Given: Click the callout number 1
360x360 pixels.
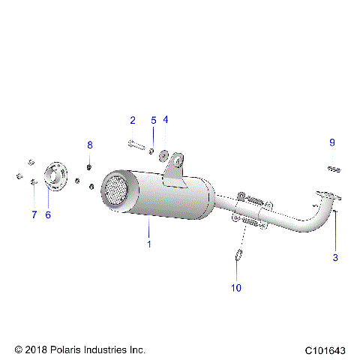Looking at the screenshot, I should (148, 244).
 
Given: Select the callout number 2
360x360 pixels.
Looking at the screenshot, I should (133, 120).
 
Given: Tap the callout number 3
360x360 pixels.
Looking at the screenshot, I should (335, 257).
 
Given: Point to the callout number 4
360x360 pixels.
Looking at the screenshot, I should (165, 119).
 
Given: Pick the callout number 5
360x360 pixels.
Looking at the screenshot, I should (153, 120).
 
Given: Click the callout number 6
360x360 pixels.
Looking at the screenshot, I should (48, 214).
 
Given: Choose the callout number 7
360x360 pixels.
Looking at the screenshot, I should (34, 214).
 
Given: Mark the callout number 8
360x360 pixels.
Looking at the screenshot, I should (90, 145).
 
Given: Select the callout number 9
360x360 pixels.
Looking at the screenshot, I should (331, 142).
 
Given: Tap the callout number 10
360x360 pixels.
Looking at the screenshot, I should (236, 287).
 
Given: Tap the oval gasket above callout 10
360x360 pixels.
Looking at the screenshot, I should (237, 255).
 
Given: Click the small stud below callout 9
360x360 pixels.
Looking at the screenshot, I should (334, 169).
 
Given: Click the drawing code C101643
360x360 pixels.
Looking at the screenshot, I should (326, 350).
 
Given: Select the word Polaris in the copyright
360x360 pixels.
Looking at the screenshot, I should (64, 349).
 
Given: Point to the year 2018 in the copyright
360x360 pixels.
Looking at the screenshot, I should (35, 349).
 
